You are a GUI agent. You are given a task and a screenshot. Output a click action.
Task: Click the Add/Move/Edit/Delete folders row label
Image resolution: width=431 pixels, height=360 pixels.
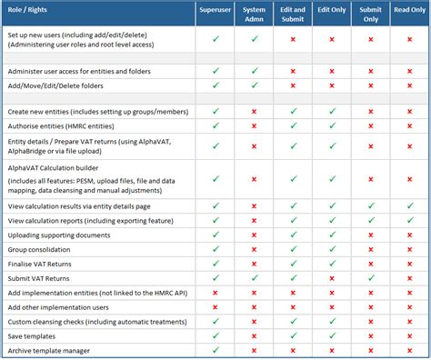63,85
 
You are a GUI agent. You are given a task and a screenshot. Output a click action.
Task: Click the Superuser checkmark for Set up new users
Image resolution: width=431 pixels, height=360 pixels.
215,39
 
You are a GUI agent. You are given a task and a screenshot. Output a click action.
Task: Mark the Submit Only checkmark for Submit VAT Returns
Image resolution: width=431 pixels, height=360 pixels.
371,277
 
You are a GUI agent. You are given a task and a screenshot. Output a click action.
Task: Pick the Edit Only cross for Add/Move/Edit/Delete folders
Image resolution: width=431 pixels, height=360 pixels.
332,85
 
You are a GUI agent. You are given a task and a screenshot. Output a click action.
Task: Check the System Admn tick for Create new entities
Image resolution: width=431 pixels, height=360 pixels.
255,111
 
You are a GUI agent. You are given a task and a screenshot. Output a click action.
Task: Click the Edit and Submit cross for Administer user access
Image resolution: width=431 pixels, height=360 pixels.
294,71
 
